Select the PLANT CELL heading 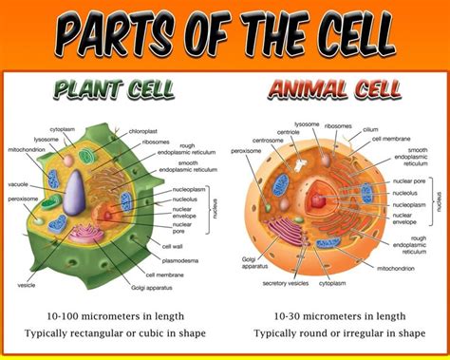[113, 90]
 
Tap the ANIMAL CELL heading [334, 90]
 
